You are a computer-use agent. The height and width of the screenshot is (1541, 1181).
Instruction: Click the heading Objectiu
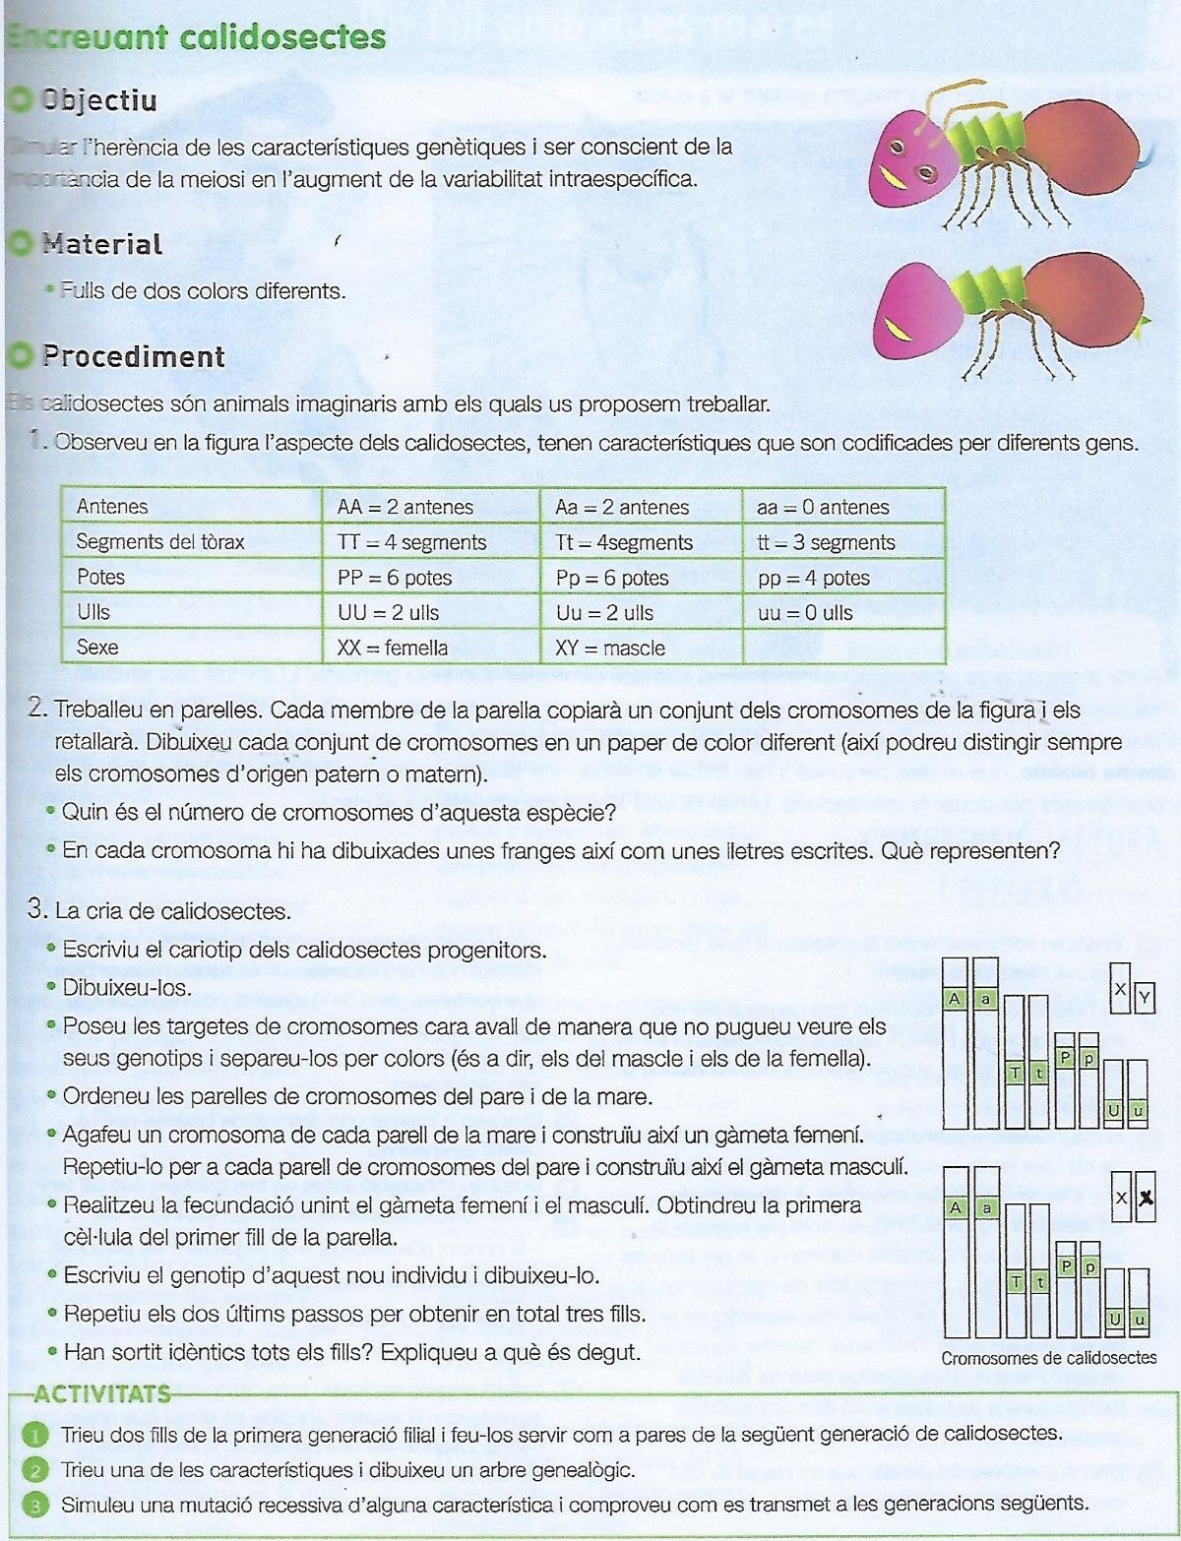click(98, 100)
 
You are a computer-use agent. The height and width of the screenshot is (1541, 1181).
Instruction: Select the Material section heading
click(101, 244)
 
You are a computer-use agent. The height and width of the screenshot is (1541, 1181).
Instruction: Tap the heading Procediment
click(133, 356)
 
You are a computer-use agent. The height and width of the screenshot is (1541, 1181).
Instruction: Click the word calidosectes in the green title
click(282, 37)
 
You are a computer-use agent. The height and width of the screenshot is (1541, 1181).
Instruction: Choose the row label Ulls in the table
click(93, 612)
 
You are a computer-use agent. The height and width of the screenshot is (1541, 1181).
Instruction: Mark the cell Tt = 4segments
click(624, 542)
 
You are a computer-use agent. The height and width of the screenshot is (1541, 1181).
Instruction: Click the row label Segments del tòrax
click(160, 542)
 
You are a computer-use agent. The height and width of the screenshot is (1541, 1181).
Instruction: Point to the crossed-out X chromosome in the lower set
click(1145, 1199)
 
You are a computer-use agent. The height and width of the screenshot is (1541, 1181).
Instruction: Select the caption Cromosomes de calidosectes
click(1049, 1358)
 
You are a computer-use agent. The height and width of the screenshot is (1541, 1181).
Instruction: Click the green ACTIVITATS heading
click(101, 1393)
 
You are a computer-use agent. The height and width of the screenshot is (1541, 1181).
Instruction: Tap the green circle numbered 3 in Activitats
click(34, 1505)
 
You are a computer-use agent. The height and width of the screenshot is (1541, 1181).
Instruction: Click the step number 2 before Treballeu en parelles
click(37, 708)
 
